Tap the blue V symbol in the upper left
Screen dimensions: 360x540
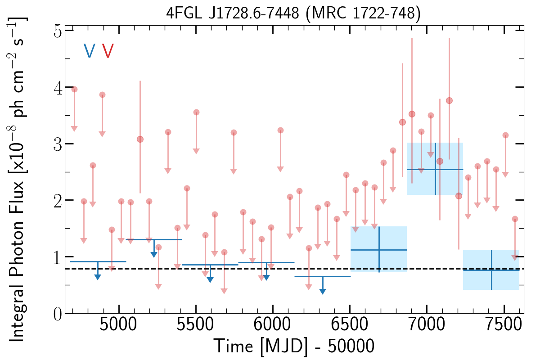pos(89,51)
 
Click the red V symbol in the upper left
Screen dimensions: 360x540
pos(108,51)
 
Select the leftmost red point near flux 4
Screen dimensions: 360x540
pos(75,90)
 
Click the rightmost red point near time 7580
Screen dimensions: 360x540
pos(515,219)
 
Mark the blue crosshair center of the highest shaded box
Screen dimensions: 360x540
pos(435,169)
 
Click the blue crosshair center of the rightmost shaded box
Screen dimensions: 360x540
pos(491,270)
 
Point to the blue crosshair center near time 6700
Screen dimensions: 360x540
pos(379,250)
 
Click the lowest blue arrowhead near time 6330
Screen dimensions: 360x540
pos(323,292)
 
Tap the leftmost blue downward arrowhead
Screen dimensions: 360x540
pos(98,277)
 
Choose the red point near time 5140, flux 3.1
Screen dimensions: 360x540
pos(140,139)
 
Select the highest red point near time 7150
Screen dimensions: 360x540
pos(449,100)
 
